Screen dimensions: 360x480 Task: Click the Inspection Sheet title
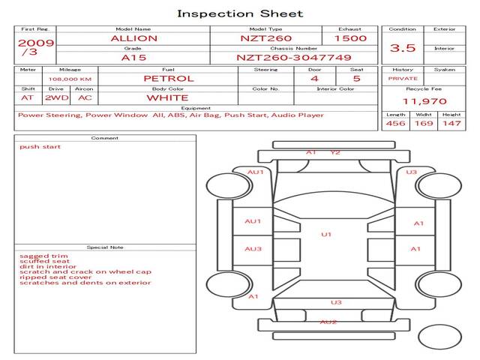tap(240, 13)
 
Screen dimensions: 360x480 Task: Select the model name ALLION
tap(133, 38)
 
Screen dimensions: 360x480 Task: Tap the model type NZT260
tap(261, 38)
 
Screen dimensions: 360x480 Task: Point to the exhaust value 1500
tap(350, 38)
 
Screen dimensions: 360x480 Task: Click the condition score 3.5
tap(403, 48)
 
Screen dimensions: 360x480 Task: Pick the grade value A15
tap(133, 57)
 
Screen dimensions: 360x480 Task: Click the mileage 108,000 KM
tap(70, 78)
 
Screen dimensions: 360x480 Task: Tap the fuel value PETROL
tap(169, 78)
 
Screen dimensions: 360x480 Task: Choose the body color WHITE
tap(167, 97)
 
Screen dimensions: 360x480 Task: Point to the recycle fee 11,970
tap(424, 101)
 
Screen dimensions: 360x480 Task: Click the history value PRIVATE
tap(403, 78)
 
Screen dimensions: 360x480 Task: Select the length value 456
tap(395, 123)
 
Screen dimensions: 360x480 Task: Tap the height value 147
tap(451, 123)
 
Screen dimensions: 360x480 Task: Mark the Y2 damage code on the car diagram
tap(335, 152)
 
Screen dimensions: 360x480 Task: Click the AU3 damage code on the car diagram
tap(253, 249)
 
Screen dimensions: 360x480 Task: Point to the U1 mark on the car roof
tap(326, 235)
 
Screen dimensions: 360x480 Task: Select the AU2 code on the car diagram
tap(328, 322)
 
